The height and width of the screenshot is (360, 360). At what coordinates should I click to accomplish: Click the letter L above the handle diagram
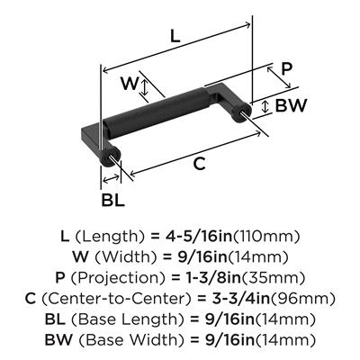pos(175,36)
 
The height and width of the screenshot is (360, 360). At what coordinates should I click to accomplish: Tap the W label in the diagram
pos(130,84)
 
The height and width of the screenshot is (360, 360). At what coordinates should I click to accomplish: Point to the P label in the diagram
pos(286,69)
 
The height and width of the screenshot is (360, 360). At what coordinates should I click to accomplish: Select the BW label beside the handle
pos(292,105)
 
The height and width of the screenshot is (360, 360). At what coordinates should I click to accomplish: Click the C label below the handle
pos(200,164)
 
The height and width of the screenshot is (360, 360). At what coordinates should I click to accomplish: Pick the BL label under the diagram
pos(112,200)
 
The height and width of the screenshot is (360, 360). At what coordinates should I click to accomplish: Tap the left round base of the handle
pos(110,157)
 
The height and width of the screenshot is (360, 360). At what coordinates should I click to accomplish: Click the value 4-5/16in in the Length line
pos(199,237)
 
